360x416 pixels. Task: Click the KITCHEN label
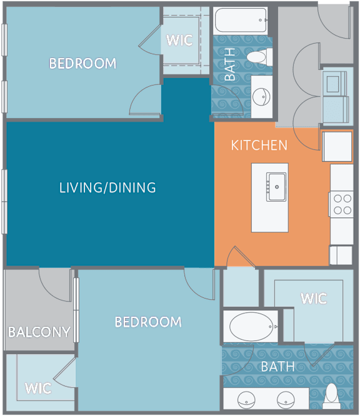click(259, 146)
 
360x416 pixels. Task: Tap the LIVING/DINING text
click(107, 187)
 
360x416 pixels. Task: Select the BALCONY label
click(39, 332)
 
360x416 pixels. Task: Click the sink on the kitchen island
click(276, 187)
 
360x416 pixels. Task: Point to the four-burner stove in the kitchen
click(342, 204)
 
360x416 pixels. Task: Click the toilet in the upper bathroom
click(259, 57)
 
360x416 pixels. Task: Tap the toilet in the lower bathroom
click(332, 396)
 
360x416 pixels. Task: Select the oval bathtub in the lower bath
click(251, 327)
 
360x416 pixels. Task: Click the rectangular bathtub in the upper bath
click(240, 21)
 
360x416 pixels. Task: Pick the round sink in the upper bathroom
click(261, 97)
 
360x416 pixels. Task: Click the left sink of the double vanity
click(246, 400)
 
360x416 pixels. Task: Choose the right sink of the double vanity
click(286, 400)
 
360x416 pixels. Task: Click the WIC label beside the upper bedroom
click(179, 41)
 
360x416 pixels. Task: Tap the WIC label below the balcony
click(38, 389)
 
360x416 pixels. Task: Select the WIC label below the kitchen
click(314, 298)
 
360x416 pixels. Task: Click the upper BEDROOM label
click(82, 64)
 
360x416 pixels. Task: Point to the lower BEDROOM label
click(148, 322)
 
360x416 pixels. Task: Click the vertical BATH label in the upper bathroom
click(230, 64)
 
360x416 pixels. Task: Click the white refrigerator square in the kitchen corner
click(337, 146)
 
